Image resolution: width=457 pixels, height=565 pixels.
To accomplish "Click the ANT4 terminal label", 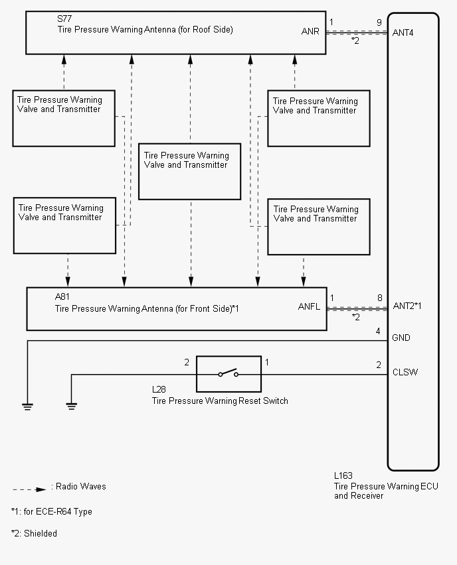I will pos(403,32).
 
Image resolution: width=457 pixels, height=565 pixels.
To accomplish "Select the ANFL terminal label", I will pos(310,306).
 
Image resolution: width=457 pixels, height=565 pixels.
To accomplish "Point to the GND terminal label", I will pos(401,338).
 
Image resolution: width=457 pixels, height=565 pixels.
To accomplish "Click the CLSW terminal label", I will pos(405,372).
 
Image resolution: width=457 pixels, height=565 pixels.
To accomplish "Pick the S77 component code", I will pos(64,19).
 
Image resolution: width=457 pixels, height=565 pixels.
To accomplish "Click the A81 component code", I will pos(62,298).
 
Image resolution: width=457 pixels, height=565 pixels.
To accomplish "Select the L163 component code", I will pos(343,475).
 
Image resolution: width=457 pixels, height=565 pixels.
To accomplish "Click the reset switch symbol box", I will pos(228,374).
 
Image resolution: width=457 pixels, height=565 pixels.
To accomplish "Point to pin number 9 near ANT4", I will pos(379,23).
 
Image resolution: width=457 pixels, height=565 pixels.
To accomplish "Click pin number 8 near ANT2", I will pos(379,298).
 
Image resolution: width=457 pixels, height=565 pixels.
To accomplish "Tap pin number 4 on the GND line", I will pos(378,331).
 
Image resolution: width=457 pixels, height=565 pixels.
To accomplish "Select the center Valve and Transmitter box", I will pos(189,171).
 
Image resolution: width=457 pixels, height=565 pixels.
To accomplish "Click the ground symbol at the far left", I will pos(27,406).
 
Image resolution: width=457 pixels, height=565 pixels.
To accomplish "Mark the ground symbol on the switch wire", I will pos(71,406).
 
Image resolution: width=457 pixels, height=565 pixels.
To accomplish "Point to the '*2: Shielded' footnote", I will pos(34,533).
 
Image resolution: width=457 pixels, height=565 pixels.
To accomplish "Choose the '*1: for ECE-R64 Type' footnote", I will pos(51,512).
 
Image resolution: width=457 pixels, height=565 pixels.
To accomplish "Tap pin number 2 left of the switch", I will pos(187,362).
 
